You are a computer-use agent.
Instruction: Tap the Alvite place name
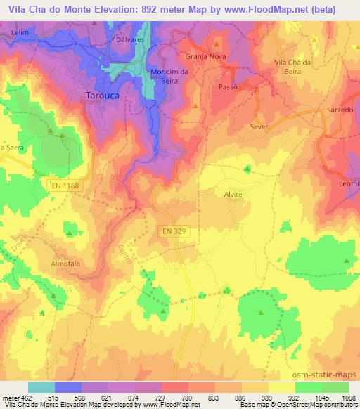tap(233, 195)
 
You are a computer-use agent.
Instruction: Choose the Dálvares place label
tap(129, 40)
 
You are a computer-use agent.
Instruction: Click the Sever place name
tap(260, 128)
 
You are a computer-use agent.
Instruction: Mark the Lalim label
tap(21, 32)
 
